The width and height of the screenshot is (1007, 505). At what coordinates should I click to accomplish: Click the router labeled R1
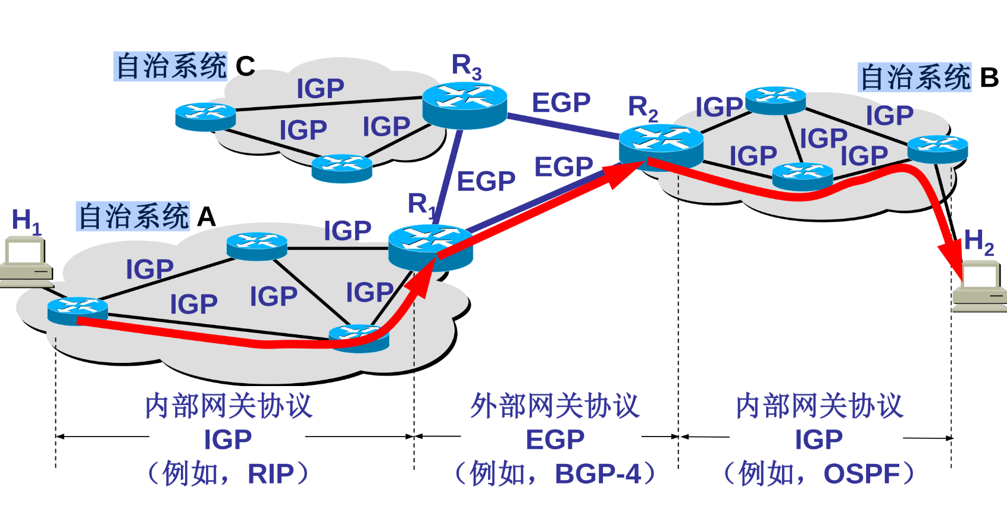click(430, 246)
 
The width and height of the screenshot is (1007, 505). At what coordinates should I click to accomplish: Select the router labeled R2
click(661, 146)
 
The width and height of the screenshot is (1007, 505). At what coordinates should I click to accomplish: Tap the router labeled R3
click(464, 105)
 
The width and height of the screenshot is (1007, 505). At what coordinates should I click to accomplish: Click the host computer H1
click(26, 262)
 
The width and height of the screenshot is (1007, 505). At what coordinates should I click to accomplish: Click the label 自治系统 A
click(146, 216)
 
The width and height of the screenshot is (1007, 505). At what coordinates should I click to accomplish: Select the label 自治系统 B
click(928, 77)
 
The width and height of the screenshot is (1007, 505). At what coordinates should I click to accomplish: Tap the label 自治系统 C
click(184, 66)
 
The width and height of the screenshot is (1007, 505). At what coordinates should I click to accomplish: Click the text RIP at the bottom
click(271, 474)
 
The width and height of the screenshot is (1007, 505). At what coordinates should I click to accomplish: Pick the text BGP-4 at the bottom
click(598, 474)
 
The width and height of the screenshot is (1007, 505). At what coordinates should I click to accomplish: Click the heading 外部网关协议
click(555, 406)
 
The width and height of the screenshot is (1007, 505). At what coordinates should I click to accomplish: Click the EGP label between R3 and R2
click(561, 103)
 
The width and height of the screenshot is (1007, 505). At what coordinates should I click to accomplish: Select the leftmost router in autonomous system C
click(205, 117)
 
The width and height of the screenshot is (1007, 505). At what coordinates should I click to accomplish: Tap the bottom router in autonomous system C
click(342, 168)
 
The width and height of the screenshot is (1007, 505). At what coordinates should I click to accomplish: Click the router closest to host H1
click(77, 310)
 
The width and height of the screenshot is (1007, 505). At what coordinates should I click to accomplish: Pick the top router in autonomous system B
click(775, 100)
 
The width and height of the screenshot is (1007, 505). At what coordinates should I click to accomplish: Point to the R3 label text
click(466, 65)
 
